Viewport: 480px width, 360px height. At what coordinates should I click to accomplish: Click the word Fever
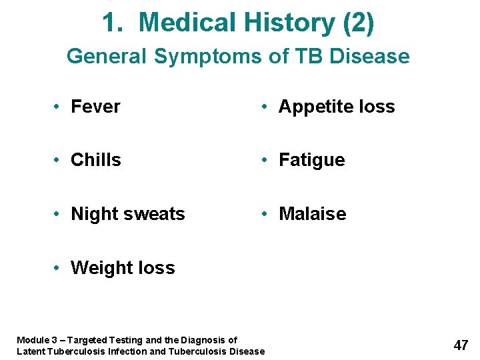[x=95, y=107]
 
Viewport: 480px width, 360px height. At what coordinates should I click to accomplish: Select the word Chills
[x=95, y=160]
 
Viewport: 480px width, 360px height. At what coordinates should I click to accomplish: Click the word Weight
[x=101, y=268]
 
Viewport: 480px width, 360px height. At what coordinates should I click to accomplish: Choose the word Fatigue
[x=311, y=160]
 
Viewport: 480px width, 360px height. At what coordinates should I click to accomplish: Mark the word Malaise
[x=312, y=214]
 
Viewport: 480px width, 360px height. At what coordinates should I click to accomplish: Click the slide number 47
[x=461, y=345]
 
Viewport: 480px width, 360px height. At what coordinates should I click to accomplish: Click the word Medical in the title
[x=189, y=23]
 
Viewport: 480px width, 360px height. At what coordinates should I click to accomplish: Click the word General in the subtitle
[x=107, y=56]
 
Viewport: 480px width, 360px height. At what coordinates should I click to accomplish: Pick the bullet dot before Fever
[x=59, y=107]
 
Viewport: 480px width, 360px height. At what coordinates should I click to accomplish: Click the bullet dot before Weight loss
[x=59, y=268]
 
